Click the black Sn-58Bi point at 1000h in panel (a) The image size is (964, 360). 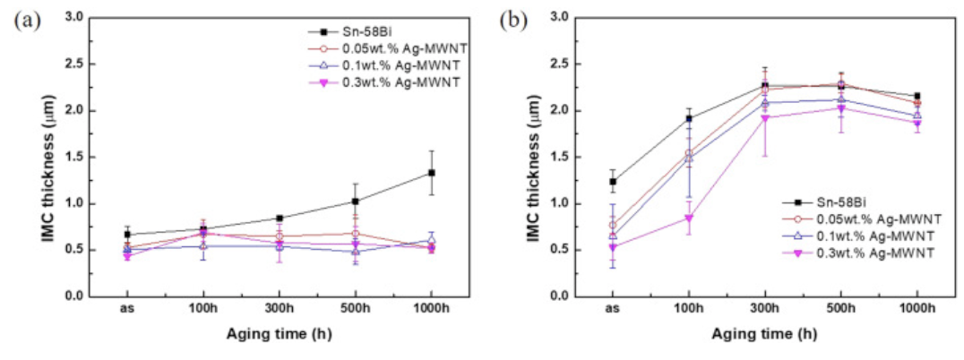point(431,173)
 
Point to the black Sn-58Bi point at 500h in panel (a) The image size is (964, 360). point(355,201)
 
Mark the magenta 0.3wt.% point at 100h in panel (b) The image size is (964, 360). point(689,218)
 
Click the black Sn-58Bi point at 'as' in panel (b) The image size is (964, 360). point(613,182)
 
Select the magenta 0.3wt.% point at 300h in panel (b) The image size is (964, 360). point(764,118)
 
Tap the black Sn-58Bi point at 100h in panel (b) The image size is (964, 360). point(689,118)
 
